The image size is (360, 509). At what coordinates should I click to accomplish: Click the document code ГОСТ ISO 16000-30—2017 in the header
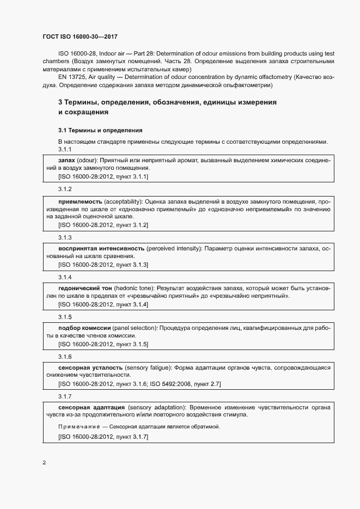point(80,36)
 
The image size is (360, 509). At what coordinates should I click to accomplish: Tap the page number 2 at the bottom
point(44,463)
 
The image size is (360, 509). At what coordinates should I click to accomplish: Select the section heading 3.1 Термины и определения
point(100,131)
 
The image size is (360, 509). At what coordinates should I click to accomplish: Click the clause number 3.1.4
point(65,277)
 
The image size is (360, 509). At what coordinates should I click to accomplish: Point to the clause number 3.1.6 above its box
point(65,357)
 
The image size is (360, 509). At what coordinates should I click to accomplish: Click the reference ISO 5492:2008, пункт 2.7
point(185,384)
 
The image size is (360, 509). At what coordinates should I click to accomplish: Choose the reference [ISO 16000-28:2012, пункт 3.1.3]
point(103,265)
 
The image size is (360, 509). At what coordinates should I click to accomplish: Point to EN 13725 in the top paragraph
point(70,78)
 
